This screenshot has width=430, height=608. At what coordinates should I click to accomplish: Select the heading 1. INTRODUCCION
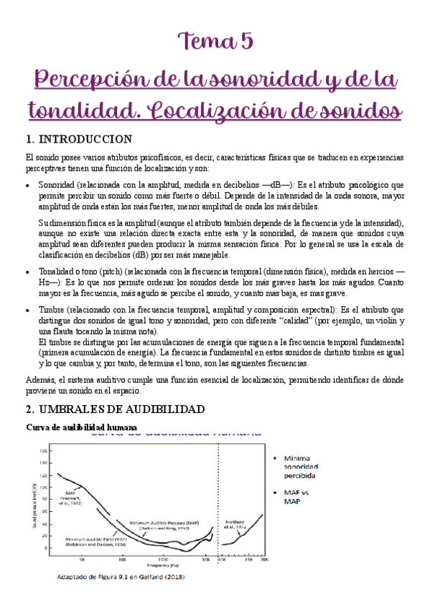coord(78,138)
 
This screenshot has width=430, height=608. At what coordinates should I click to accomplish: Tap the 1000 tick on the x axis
coord(164,561)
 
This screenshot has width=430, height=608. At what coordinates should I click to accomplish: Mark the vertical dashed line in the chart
coord(218,502)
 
